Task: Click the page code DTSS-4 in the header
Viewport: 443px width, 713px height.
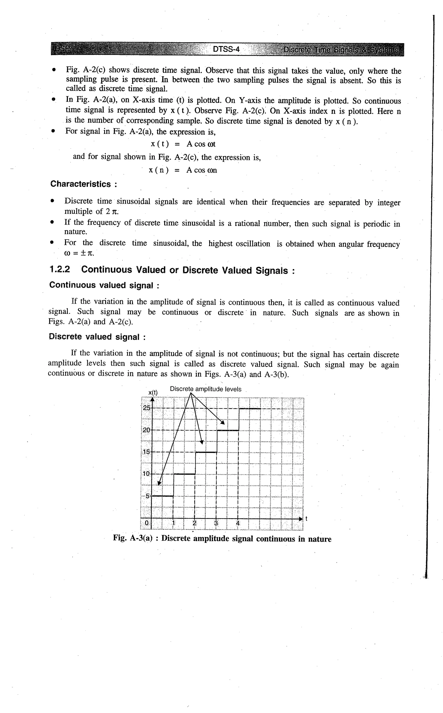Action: click(x=226, y=49)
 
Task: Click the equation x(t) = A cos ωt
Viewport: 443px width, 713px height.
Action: click(x=183, y=144)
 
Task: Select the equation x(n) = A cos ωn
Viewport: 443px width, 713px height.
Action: click(x=183, y=170)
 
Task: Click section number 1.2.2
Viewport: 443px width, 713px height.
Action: click(x=60, y=270)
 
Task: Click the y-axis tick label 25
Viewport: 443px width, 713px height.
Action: click(x=146, y=408)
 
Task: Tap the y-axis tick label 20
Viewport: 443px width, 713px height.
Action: click(x=146, y=430)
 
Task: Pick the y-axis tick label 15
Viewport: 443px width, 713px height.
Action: click(x=146, y=452)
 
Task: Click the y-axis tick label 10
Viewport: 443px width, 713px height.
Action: click(x=146, y=474)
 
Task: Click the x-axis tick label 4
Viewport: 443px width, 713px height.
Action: click(x=238, y=523)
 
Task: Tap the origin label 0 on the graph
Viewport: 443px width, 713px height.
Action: click(x=147, y=523)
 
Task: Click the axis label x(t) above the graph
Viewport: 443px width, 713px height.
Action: click(x=153, y=392)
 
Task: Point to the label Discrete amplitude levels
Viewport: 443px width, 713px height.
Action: click(x=205, y=389)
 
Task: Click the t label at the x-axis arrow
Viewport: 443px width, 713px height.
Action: click(x=306, y=519)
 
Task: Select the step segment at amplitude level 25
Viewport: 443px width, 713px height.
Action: click(x=250, y=408)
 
